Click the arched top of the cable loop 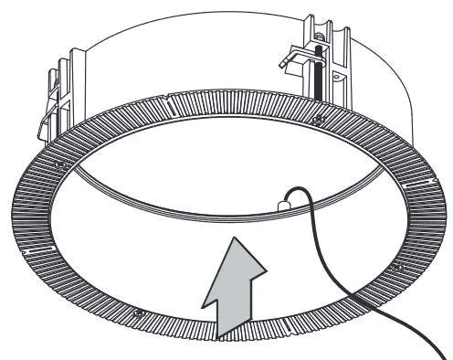coord(294,188)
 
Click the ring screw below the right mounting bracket coord(317,120)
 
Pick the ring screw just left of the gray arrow coord(138,314)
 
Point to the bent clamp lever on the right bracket coord(291,56)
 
